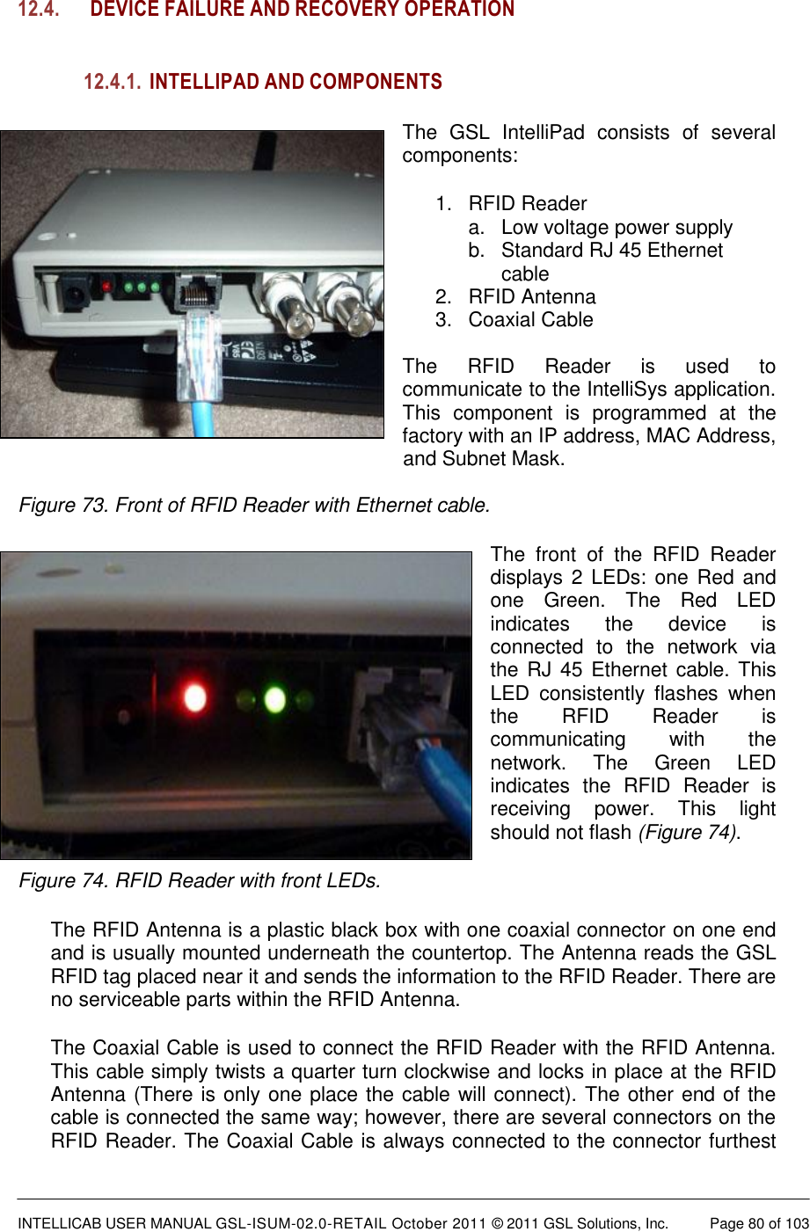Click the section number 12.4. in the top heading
39,10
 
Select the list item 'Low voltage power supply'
617,227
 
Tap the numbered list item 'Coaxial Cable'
530,319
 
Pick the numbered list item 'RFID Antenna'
531,296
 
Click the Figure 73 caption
254,505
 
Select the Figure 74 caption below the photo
200,880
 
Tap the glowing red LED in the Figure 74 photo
194,698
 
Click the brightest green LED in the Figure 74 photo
274,700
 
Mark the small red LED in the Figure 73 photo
106,287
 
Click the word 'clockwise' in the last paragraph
467,1071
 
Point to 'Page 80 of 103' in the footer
759,1223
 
